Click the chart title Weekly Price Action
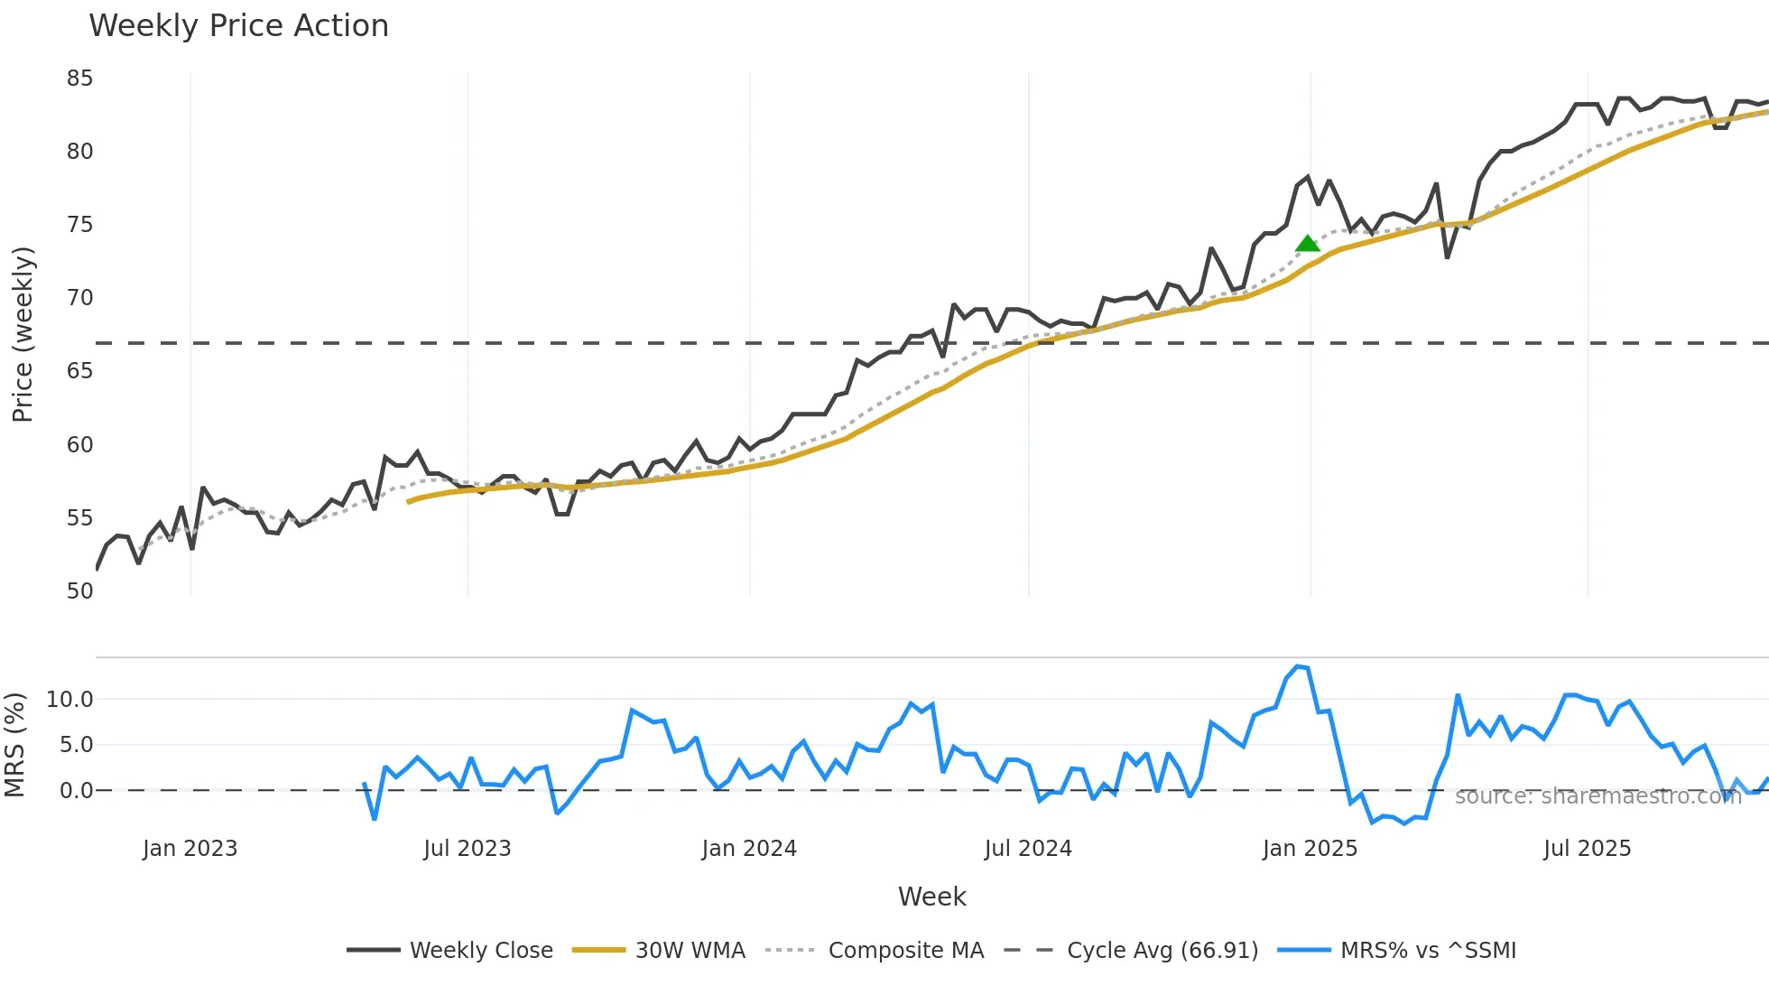click(238, 26)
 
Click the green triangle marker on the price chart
click(1307, 243)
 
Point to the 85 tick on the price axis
click(79, 79)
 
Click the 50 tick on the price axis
click(79, 590)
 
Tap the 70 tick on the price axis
click(79, 298)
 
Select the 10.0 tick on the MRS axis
click(69, 699)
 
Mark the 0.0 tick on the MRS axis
click(76, 791)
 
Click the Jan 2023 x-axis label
click(190, 849)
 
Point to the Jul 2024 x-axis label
click(1028, 849)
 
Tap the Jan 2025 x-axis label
click(1310, 849)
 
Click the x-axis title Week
click(931, 897)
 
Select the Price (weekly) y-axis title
click(23, 334)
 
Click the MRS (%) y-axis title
click(14, 745)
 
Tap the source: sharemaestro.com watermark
click(1598, 796)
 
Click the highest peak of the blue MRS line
click(1298, 666)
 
